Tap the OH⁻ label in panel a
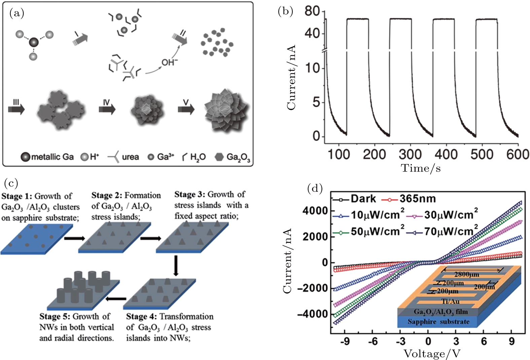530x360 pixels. point(170,62)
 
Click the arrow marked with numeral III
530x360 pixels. point(16,108)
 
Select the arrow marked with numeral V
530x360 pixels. point(186,108)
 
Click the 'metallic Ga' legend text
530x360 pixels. point(52,157)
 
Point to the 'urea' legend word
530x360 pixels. point(130,157)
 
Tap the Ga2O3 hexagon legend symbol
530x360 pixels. point(219,157)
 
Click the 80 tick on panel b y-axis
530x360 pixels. point(312,11)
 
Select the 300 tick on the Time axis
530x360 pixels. point(410,154)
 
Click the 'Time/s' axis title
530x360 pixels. point(421,168)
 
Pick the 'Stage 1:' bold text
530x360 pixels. point(17,196)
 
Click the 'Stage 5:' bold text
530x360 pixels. point(55,317)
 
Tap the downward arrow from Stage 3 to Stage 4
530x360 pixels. point(175,265)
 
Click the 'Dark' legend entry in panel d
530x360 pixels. point(363,199)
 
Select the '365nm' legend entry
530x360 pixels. point(418,199)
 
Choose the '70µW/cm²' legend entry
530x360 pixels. point(451,231)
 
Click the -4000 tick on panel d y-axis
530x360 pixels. point(312,314)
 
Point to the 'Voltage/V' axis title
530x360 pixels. point(432,354)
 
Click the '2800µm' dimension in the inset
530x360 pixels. point(466,274)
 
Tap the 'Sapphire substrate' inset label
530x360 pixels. point(438,322)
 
